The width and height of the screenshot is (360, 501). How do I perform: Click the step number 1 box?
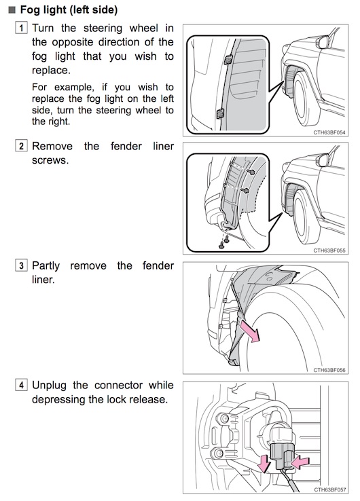click(22, 28)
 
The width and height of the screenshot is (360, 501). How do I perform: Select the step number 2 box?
click(22, 147)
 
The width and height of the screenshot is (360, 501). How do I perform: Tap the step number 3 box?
click(22, 265)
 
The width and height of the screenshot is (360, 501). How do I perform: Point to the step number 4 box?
click(22, 385)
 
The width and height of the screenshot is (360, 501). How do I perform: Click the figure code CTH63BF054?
click(329, 132)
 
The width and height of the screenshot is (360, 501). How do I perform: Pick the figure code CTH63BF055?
click(329, 250)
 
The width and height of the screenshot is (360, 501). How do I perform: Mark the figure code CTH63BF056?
click(329, 370)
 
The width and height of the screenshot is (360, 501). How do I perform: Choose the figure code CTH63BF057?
click(329, 490)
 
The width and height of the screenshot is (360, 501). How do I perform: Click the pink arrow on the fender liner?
click(251, 332)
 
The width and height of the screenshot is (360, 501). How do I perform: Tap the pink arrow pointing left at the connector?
click(300, 462)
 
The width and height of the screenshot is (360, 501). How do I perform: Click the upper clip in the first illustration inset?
click(228, 60)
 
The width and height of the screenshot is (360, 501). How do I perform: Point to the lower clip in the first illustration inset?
click(220, 113)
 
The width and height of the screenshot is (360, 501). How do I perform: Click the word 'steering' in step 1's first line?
click(103, 29)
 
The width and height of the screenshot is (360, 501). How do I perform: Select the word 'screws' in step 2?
click(50, 160)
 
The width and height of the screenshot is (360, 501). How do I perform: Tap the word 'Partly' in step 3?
click(46, 266)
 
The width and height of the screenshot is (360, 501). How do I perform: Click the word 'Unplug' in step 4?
click(49, 386)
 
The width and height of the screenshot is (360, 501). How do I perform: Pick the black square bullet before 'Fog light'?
click(12, 10)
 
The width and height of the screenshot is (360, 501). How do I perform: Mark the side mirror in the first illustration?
click(323, 41)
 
